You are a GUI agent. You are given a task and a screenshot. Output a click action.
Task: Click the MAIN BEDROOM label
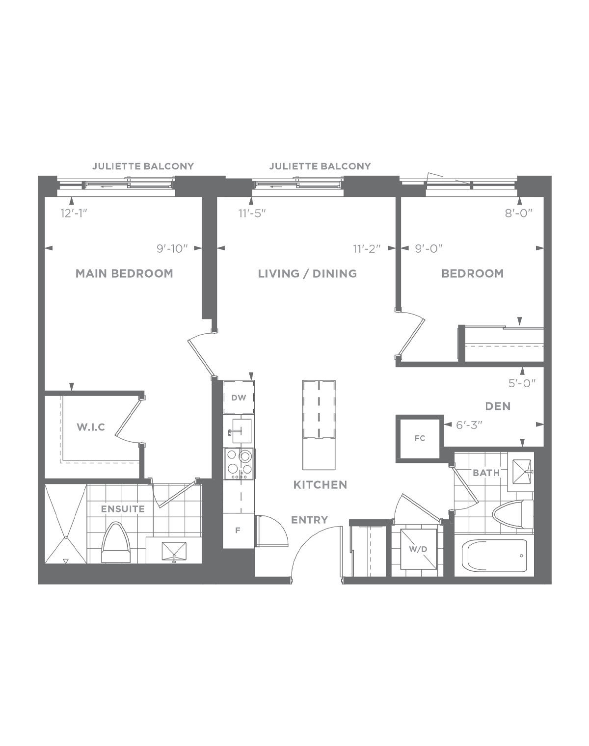(124, 273)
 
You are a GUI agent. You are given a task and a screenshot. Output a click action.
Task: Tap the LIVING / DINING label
(307, 273)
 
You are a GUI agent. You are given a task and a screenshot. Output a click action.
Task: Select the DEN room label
(498, 406)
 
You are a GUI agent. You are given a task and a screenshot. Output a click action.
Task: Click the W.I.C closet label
(91, 427)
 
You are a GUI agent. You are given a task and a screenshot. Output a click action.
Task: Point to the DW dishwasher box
(239, 397)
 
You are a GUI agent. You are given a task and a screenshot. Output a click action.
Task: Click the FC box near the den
(420, 438)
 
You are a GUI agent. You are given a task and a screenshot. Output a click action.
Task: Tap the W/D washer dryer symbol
(418, 549)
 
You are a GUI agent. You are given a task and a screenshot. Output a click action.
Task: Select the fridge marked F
(238, 531)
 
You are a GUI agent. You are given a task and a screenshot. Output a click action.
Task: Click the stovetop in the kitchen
(239, 464)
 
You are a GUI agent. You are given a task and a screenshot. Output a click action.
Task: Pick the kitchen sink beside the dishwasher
(240, 431)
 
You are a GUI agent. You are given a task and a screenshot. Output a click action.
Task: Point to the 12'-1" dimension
(74, 213)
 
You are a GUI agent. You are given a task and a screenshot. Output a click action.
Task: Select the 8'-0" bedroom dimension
(519, 213)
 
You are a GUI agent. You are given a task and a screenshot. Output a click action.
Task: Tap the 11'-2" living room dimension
(367, 248)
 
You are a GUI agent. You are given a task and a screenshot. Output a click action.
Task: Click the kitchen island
(319, 425)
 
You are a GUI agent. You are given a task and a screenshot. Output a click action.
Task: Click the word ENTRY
(309, 520)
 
